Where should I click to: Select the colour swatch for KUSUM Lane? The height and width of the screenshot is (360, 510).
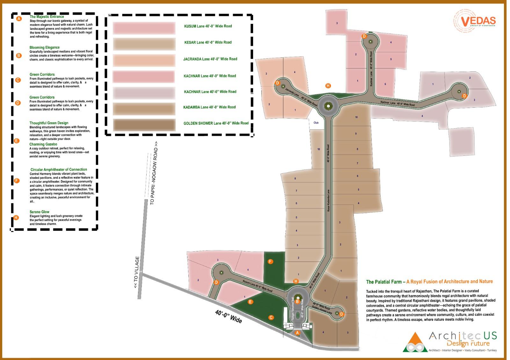[144, 28]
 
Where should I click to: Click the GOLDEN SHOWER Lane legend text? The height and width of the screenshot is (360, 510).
[216, 123]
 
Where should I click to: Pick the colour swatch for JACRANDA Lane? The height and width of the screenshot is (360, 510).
[144, 60]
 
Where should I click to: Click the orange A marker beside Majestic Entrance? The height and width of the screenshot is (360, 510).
[19, 19]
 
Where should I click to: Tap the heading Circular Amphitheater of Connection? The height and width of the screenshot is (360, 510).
[59, 169]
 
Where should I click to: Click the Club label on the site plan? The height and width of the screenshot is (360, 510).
[316, 123]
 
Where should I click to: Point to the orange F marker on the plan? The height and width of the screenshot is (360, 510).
[270, 262]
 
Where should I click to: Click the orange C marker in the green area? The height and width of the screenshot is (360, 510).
[271, 317]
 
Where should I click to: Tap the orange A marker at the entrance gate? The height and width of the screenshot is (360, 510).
[297, 333]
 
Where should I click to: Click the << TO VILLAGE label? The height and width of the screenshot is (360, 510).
[136, 272]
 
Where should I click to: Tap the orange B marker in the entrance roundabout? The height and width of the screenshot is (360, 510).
[297, 301]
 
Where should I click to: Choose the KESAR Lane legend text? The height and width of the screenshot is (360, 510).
[208, 42]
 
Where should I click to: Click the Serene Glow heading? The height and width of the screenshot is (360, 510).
[40, 212]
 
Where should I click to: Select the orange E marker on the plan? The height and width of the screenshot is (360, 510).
[251, 302]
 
